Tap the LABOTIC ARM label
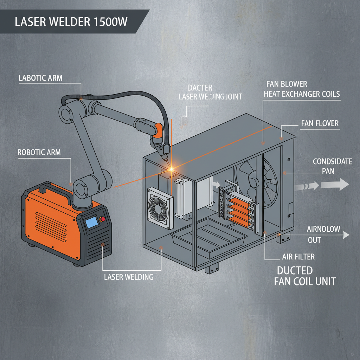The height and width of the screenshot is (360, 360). [40, 78]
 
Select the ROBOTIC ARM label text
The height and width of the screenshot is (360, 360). [39, 152]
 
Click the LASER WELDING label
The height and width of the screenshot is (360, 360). [129, 277]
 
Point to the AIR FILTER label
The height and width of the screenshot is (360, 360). [298, 257]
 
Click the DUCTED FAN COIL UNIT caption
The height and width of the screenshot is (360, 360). [304, 276]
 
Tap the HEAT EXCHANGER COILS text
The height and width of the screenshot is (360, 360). [303, 94]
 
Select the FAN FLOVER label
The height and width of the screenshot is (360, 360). [320, 123]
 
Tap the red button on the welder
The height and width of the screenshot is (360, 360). [103, 220]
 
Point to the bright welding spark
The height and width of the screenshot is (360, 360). [172, 169]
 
